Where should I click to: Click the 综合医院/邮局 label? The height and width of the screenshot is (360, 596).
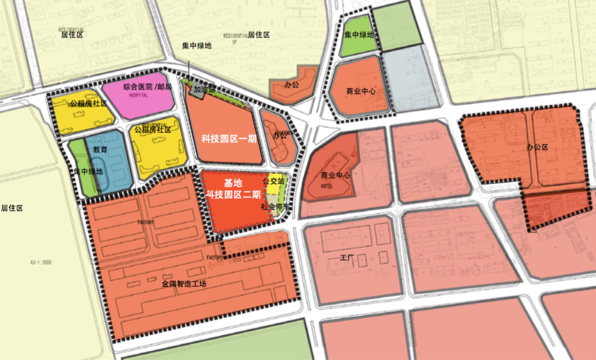point(147,87)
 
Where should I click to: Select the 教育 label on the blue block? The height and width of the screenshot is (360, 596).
point(99,149)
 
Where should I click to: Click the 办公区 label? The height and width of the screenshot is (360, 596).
point(538,147)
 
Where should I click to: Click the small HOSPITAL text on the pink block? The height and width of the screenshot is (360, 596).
point(139,95)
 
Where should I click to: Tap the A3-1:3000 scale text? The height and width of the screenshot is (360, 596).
point(40,263)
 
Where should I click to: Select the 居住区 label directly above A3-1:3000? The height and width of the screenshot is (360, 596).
point(12,209)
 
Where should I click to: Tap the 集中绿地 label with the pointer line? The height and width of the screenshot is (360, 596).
point(196,46)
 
